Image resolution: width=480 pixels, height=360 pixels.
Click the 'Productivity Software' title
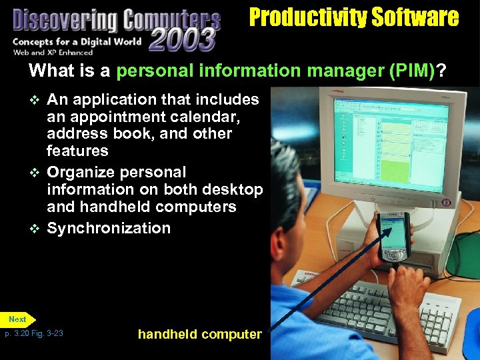point(354,17)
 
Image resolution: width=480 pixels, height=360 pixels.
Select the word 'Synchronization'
point(109,228)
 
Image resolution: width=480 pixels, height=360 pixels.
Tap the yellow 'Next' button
point(18,319)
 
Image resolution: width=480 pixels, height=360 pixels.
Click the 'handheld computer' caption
point(199,335)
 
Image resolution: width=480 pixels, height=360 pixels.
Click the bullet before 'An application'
point(36,101)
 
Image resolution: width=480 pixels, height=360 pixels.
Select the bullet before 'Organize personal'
point(36,173)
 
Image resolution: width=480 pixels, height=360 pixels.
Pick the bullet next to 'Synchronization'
point(36,229)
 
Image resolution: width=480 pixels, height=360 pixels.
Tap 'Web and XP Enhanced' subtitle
point(49,53)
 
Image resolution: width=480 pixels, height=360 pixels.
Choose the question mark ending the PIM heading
point(441,71)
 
